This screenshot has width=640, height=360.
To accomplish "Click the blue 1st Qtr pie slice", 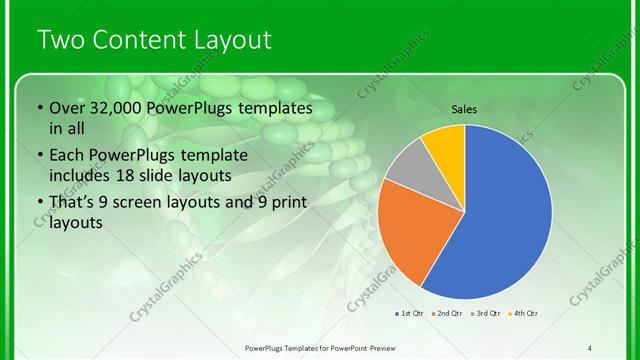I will (x=500, y=215).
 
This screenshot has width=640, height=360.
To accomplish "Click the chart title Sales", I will (x=464, y=109).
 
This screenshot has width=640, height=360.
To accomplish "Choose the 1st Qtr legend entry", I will (x=410, y=314).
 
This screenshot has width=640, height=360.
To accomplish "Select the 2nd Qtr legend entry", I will (x=446, y=314).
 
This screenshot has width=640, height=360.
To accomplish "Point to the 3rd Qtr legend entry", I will (x=484, y=314).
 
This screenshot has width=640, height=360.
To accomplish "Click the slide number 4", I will (x=590, y=347).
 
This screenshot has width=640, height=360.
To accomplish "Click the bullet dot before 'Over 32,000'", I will (x=39, y=108).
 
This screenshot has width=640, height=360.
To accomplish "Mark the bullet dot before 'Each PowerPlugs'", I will (x=39, y=156).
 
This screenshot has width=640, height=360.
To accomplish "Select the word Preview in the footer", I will (x=378, y=347).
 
